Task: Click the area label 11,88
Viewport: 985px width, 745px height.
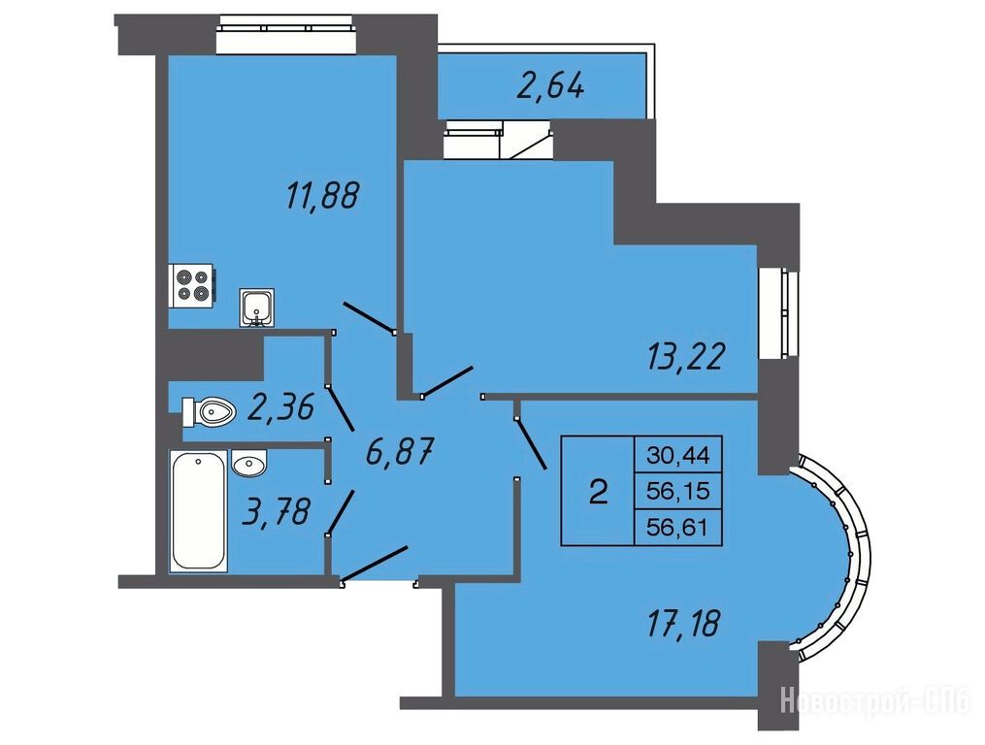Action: [322, 195]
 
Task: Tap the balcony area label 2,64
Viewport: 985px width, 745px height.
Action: [550, 85]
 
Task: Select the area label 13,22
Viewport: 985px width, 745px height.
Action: [686, 357]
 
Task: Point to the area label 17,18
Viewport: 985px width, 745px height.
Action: [683, 623]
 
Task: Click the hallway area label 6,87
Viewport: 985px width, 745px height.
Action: [400, 452]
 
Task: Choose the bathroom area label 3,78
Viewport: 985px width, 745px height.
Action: [277, 511]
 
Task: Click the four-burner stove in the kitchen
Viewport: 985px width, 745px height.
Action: [193, 285]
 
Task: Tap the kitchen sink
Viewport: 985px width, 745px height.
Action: [257, 308]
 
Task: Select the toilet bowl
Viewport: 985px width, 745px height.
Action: [209, 412]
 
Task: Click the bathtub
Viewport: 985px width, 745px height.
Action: [198, 510]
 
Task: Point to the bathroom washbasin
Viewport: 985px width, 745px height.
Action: [249, 463]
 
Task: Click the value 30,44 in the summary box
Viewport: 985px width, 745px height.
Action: [678, 455]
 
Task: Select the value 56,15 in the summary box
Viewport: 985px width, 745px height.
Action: [678, 490]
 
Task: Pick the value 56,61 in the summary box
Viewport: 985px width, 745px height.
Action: [677, 527]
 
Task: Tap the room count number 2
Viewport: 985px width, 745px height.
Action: [599, 491]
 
